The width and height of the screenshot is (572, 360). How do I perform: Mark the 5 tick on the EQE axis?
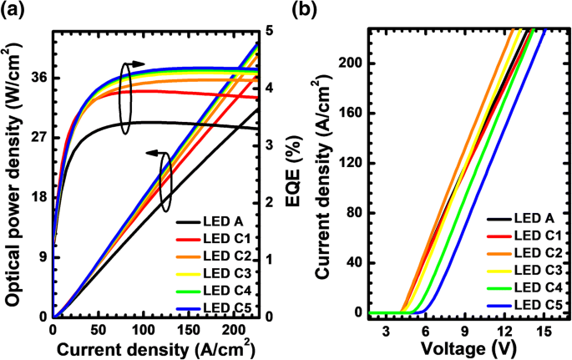pos(270,30)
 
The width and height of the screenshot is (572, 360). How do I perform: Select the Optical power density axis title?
pos(13,174)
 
